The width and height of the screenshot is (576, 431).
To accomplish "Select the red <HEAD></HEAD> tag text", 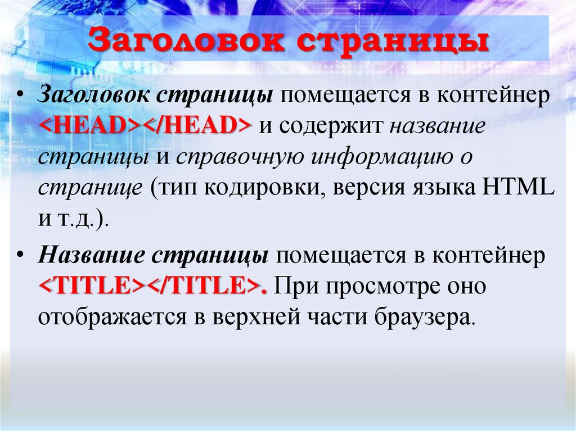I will pos(145,126).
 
